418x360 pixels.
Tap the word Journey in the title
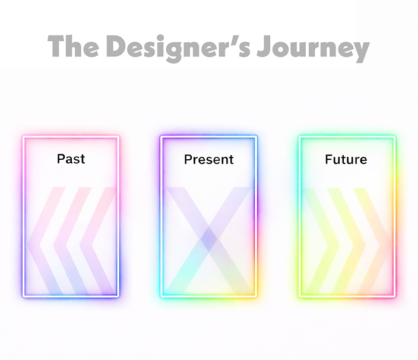pyautogui.click(x=313, y=48)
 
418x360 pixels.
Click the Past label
pyautogui.click(x=71, y=159)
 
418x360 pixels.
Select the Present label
pyautogui.click(x=208, y=159)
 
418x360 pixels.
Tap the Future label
pyautogui.click(x=346, y=159)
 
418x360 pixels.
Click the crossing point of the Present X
pyautogui.click(x=208, y=239)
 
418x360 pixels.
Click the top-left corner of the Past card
pyautogui.click(x=24, y=137)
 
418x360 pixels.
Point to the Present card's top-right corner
pyautogui.click(x=256, y=137)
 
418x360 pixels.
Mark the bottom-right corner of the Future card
pyautogui.click(x=394, y=296)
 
